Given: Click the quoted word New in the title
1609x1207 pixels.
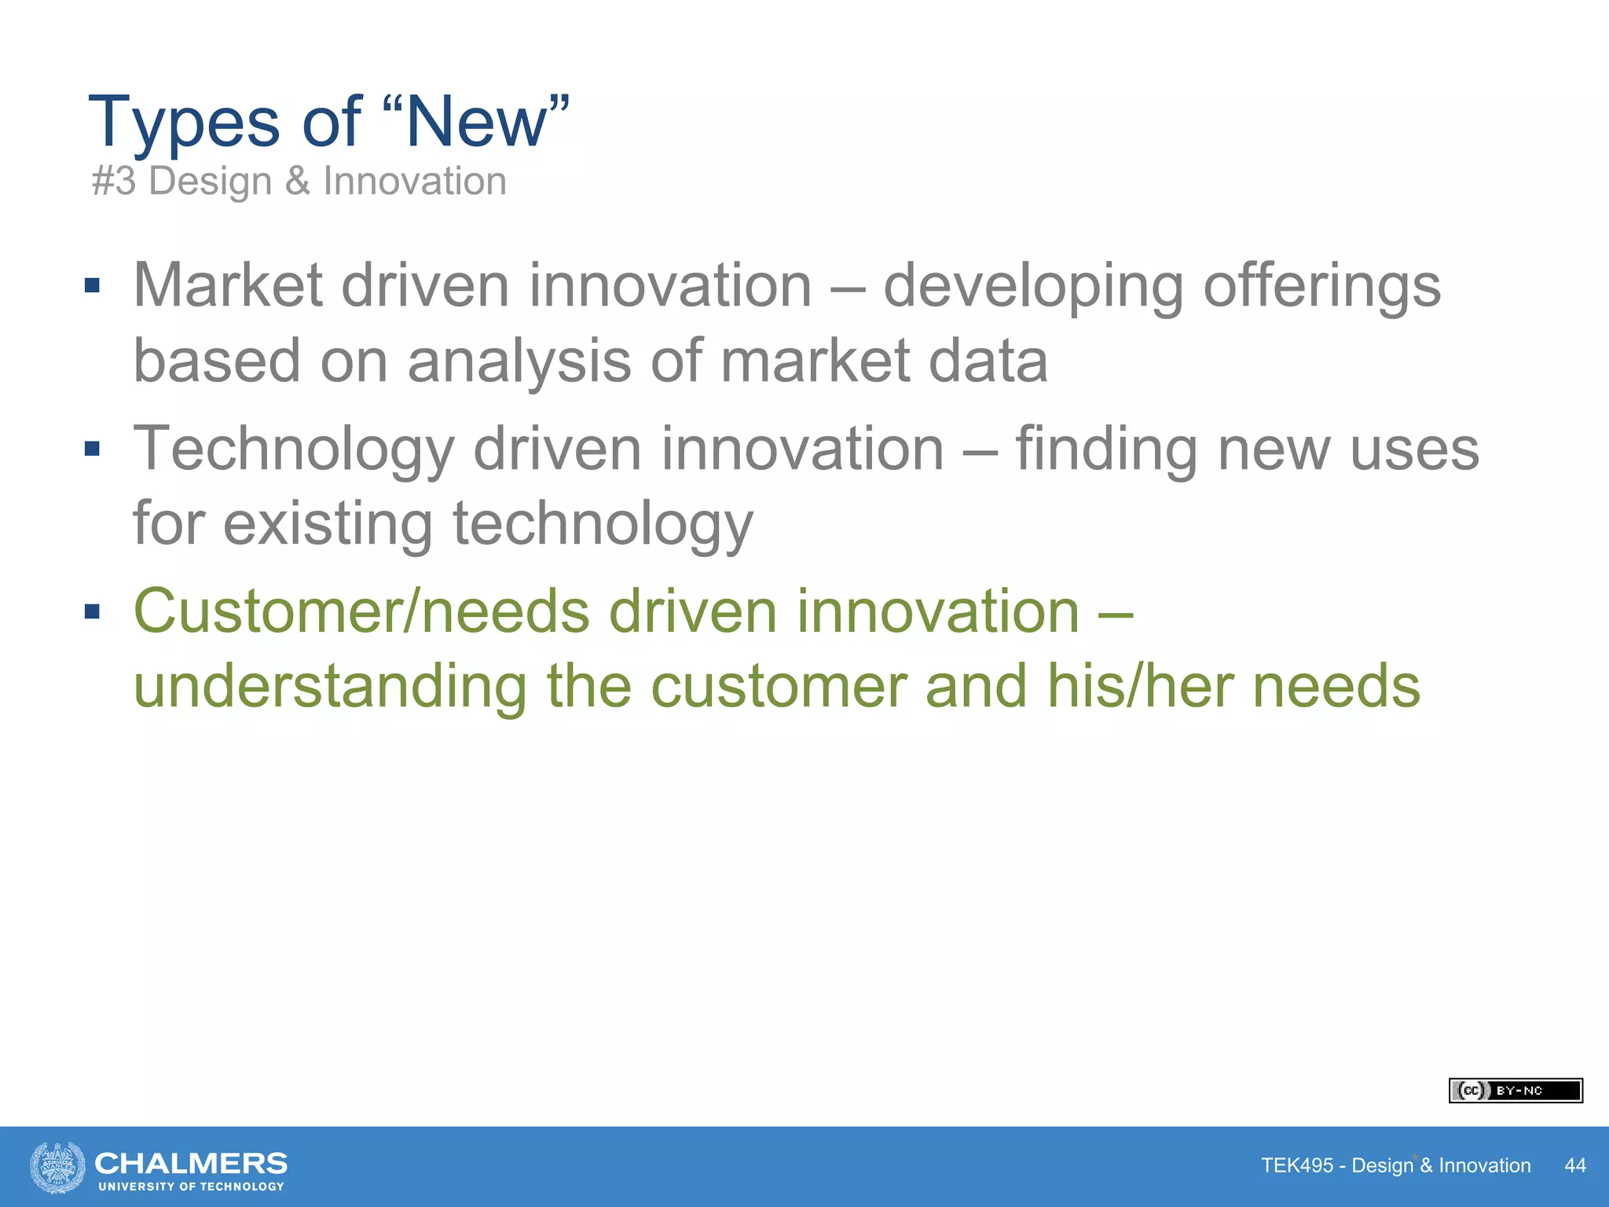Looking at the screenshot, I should (476, 121).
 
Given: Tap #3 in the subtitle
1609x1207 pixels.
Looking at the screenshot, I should (114, 182).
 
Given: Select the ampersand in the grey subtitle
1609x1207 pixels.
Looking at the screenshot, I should (297, 182).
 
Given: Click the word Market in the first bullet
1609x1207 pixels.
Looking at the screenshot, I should (228, 285).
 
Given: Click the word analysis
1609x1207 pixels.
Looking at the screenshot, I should (519, 361).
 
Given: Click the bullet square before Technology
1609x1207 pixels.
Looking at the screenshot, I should (93, 449).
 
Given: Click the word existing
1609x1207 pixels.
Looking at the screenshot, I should (328, 525).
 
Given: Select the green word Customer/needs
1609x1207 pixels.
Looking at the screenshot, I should (361, 611).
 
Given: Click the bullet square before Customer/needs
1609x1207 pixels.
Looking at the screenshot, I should (93, 611).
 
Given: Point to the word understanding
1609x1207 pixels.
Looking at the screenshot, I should (330, 687).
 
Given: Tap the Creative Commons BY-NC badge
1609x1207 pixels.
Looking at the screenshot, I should (1515, 1091).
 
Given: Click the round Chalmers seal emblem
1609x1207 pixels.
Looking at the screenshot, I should (57, 1168).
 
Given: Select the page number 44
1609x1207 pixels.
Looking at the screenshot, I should (1574, 1165).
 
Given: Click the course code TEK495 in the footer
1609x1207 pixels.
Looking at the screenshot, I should (1296, 1165).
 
